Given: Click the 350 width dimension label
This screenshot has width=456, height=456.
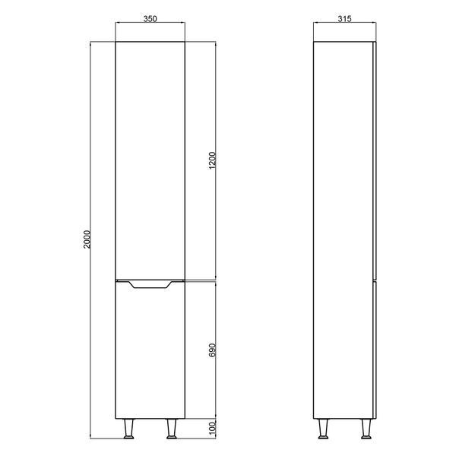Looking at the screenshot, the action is [150, 18].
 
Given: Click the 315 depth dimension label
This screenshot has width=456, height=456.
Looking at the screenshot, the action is [344, 18].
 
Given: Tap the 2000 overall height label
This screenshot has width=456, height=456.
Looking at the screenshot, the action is [87, 239].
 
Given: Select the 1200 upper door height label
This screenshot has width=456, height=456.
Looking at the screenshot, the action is [213, 160].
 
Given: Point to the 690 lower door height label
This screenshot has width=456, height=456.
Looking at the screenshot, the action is [213, 350].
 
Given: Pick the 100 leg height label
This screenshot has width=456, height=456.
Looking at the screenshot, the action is [213, 429].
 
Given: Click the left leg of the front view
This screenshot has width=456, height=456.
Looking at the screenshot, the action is [129, 429].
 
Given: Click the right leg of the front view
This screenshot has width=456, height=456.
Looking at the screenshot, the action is [172, 429].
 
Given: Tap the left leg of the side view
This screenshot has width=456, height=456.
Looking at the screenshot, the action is [323, 429].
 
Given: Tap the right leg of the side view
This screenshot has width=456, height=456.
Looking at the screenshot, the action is [366, 429].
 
